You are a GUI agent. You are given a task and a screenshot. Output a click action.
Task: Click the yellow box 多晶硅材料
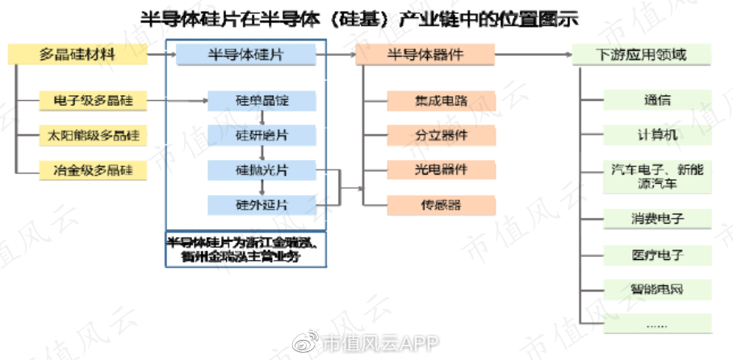[x=78, y=55]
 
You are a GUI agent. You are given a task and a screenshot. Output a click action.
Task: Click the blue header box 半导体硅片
[x=246, y=55]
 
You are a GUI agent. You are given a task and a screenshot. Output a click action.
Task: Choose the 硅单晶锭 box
[x=262, y=102]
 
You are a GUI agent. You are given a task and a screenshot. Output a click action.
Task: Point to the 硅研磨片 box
[x=262, y=136]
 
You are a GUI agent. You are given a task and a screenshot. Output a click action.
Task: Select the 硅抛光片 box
[x=262, y=170]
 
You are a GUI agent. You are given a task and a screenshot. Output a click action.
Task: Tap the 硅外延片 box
[x=262, y=205]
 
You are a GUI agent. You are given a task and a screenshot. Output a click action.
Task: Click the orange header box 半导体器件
[x=425, y=55]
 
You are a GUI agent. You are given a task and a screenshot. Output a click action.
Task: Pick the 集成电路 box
[x=441, y=102]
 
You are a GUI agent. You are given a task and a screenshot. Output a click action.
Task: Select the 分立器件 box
[x=441, y=136]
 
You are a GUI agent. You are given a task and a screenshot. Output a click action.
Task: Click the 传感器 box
[x=441, y=205]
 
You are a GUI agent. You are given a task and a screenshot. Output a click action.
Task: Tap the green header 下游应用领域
[x=642, y=55]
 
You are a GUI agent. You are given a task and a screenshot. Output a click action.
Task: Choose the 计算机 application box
[x=658, y=135]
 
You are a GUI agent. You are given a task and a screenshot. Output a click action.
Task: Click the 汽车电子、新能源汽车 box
[x=658, y=177]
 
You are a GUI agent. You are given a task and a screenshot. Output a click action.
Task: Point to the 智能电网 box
[x=658, y=289]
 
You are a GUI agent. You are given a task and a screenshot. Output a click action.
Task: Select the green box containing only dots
[x=658, y=324]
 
